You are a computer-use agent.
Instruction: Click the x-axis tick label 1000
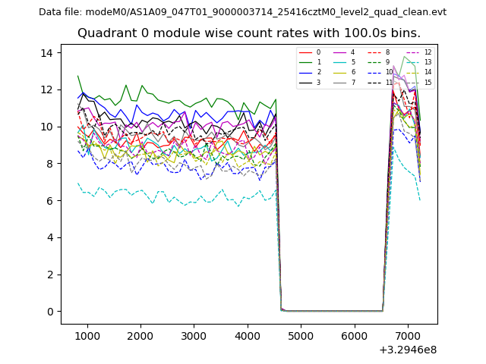[87, 336]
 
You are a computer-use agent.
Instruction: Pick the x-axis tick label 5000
[301, 336]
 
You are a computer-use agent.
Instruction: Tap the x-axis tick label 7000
[408, 336]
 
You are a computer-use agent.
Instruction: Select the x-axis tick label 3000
[194, 336]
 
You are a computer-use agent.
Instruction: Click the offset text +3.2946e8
[408, 350]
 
